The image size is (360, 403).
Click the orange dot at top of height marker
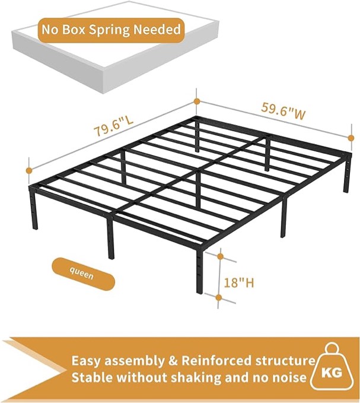(x=220, y=256)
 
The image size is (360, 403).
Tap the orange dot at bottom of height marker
(x=219, y=297)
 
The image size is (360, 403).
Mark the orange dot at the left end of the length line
(x=28, y=170)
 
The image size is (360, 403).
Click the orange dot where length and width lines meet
(x=196, y=101)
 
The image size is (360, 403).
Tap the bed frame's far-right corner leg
(x=346, y=176)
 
